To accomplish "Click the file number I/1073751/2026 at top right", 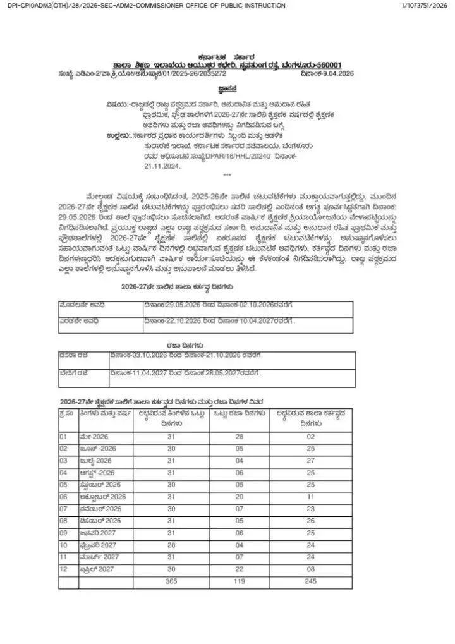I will coord(425,6).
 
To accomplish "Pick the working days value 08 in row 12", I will coord(310,569).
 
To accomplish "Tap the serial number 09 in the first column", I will coord(64,533).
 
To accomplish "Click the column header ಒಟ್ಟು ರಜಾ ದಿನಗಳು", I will coord(240,415).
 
